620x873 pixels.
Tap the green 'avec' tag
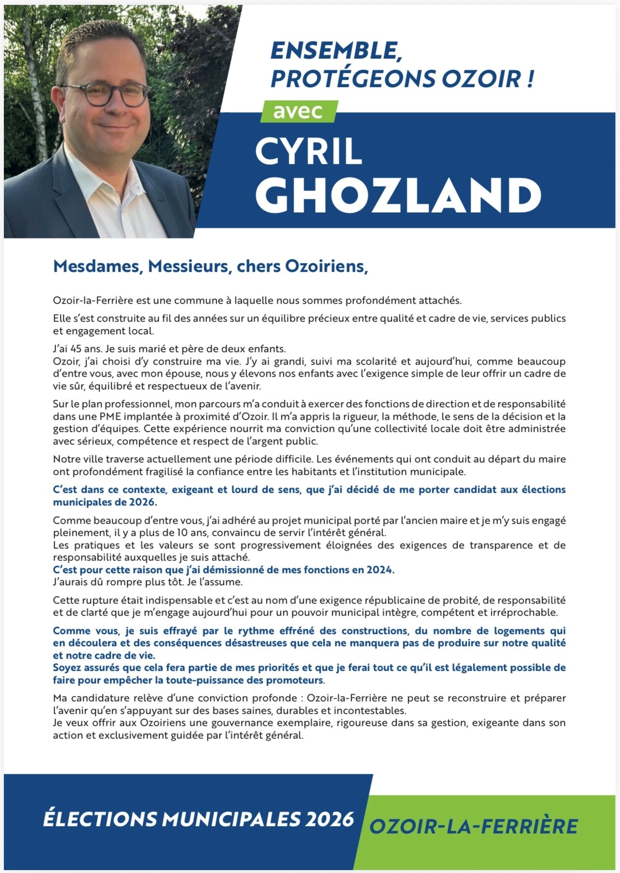pos(298,111)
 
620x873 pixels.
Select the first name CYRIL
pos(309,151)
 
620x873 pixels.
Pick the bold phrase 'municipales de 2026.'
pos(105,502)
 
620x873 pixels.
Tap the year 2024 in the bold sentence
pos(380,570)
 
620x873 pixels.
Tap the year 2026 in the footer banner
pos(329,819)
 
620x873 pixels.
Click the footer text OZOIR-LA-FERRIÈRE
pos(473,827)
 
